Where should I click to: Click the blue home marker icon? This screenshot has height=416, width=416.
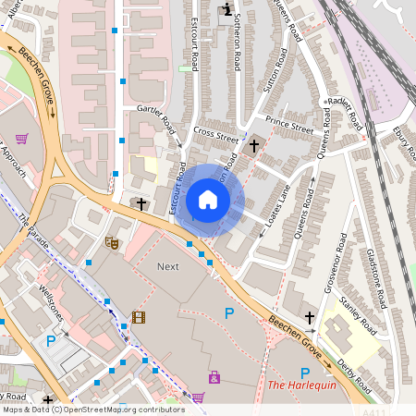208,200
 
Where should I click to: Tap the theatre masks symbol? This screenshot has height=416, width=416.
113,243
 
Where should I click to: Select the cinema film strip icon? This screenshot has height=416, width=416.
139,317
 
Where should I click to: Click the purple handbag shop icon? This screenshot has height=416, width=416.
214,376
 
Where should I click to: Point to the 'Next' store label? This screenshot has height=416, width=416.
167,266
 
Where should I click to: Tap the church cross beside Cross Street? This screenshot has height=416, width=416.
254,145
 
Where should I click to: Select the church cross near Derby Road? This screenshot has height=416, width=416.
310,317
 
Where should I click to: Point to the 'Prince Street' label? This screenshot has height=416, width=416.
289,121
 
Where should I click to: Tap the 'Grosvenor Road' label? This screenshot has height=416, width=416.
335,263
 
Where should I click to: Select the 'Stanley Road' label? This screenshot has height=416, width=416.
359,315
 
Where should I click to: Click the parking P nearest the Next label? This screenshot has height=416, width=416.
228,313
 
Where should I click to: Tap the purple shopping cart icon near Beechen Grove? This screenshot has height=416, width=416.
20,139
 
